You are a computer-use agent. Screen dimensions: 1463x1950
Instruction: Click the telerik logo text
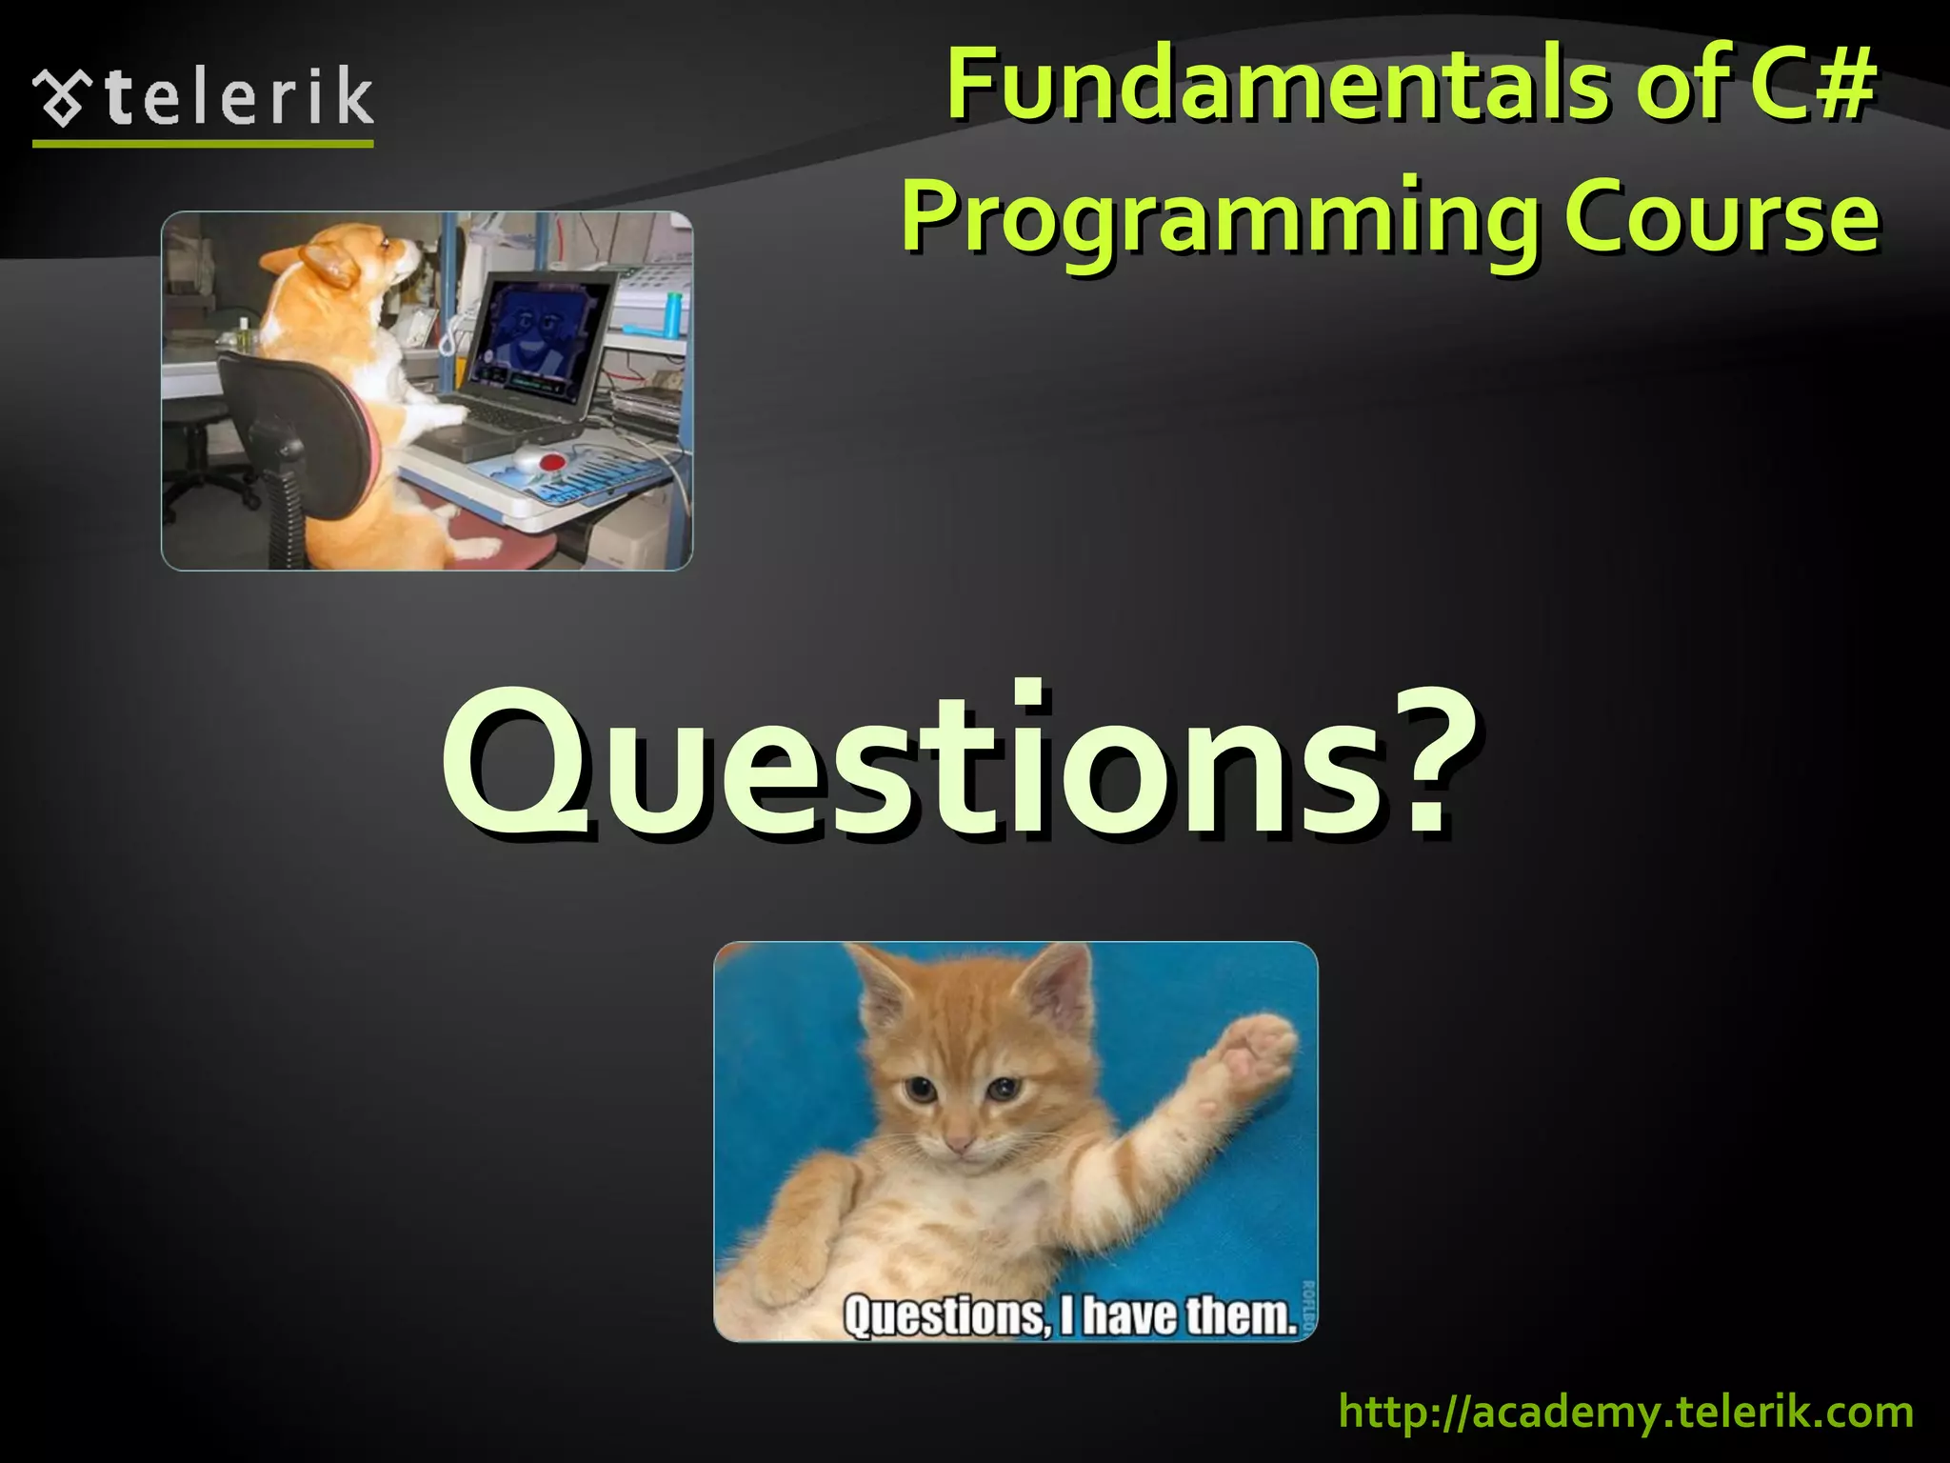(238, 97)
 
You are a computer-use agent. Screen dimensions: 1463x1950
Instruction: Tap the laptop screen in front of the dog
(539, 333)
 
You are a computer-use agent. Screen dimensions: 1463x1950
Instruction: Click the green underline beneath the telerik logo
(203, 144)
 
